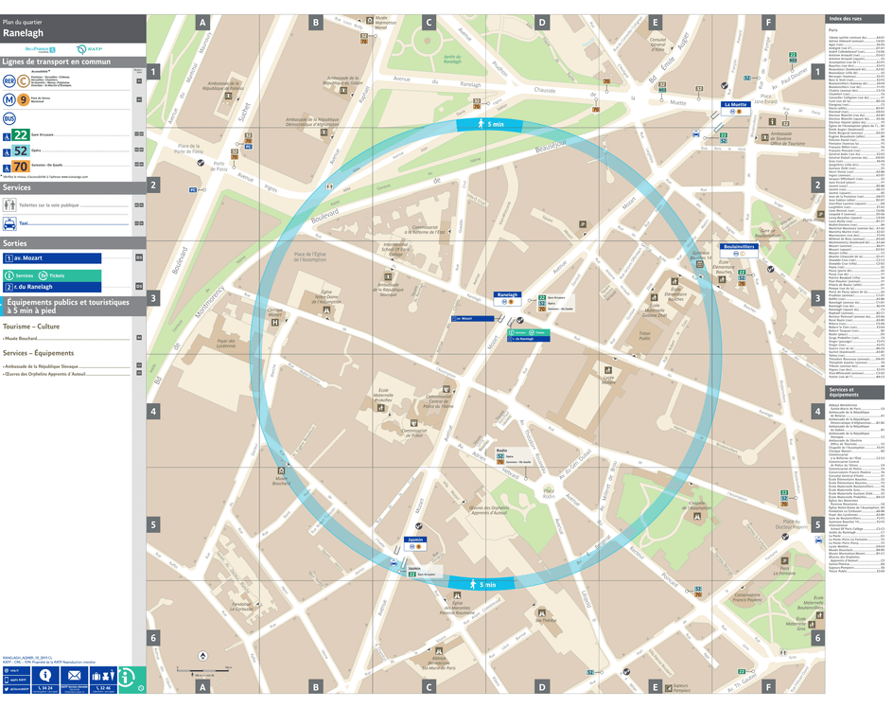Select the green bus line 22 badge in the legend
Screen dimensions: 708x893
(21, 135)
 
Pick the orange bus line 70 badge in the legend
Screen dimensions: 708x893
(21, 167)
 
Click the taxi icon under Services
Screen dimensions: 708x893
(9, 223)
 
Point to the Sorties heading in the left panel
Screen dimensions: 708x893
(17, 243)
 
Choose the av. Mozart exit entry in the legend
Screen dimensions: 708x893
(52, 257)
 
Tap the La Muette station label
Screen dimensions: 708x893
(735, 104)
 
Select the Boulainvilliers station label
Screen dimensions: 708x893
(738, 246)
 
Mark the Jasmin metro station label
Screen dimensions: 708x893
(414, 540)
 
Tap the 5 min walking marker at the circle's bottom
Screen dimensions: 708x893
(481, 584)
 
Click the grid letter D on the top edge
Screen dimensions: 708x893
(541, 22)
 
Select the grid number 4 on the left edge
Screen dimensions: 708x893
(153, 411)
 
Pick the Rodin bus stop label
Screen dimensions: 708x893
(501, 450)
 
